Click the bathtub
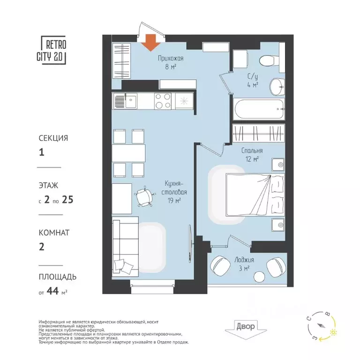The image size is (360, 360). [x=259, y=109]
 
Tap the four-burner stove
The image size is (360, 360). [x=162, y=101]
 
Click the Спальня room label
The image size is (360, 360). [x=252, y=151]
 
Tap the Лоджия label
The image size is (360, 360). [x=244, y=260]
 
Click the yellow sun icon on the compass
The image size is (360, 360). [x=333, y=332]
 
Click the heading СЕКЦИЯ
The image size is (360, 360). [x=53, y=138]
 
